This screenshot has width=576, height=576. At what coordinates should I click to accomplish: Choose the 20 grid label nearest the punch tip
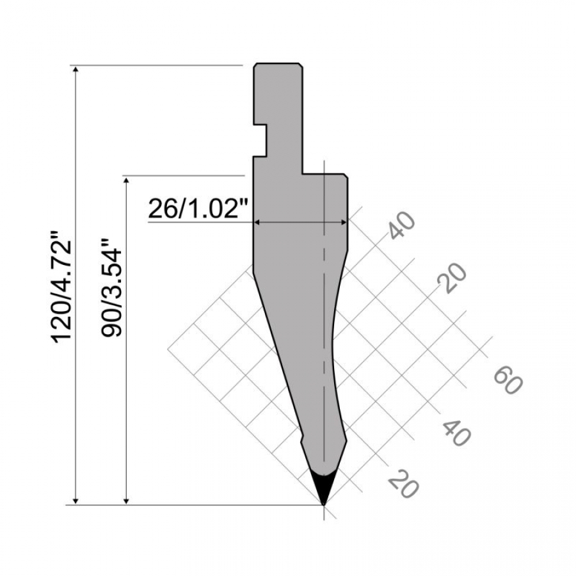pyautogui.click(x=404, y=483)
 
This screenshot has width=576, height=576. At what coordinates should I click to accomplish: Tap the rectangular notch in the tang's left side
pyautogui.click(x=260, y=140)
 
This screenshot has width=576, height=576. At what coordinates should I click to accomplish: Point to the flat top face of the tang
pyautogui.click(x=278, y=64)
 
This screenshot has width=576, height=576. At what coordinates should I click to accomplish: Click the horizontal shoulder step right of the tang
pyautogui.click(x=323, y=173)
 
